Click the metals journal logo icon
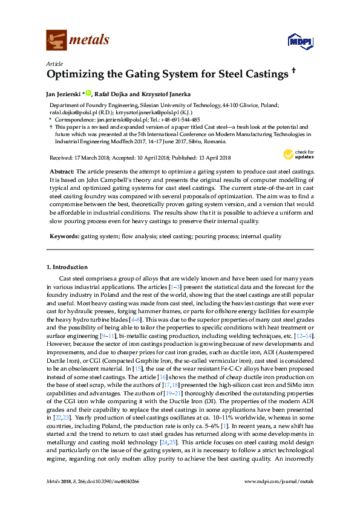[x=56, y=40]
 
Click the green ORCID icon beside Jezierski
[x=89, y=93]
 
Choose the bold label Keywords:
[x=64, y=235]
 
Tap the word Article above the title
[x=53, y=63]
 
